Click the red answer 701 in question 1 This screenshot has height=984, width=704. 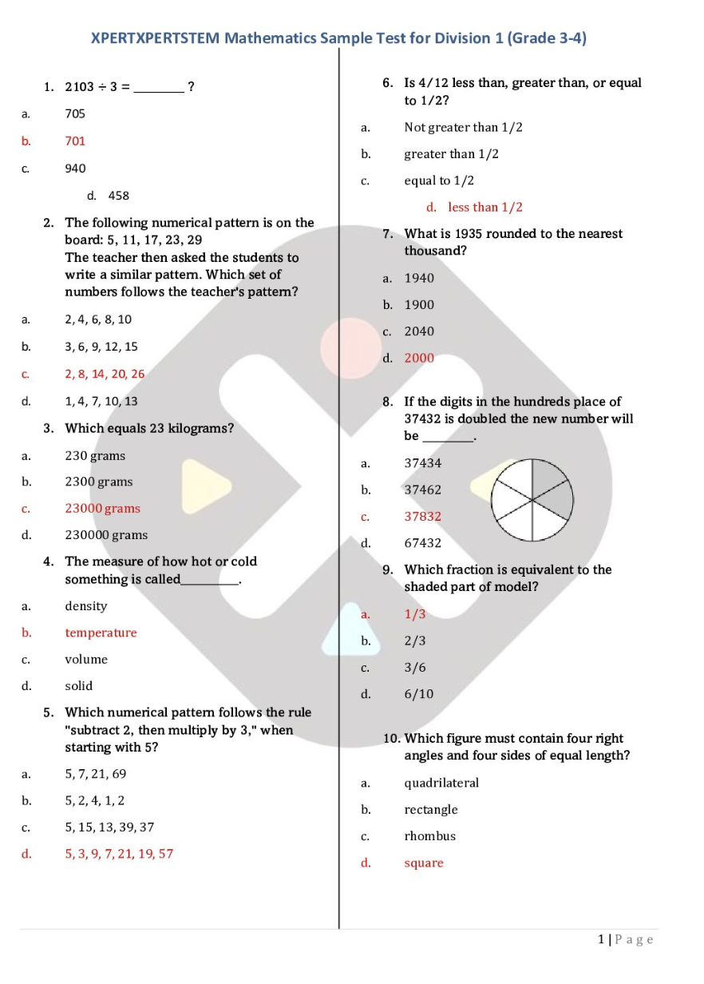pos(75,141)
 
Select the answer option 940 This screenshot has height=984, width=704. pos(75,169)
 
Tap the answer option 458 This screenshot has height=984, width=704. pos(118,196)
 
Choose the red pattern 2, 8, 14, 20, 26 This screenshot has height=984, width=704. pos(105,374)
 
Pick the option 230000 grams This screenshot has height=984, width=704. pos(106,535)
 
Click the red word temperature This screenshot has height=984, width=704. pos(101,633)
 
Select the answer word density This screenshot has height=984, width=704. pos(85,606)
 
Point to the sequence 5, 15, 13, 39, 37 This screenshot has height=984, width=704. pos(109,827)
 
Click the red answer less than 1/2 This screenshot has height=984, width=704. pos(485,208)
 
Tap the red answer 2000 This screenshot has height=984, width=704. pos(419,358)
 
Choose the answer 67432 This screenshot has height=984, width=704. pos(422,543)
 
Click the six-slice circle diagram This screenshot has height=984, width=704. pos(532,501)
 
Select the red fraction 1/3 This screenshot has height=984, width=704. pos(415,614)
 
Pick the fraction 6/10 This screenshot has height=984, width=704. pos(418,694)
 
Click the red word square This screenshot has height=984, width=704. pos(423,863)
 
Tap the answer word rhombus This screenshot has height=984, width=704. pos(429,836)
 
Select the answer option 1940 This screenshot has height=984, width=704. pos(419,278)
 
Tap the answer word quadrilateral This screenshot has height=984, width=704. pos(441,783)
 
